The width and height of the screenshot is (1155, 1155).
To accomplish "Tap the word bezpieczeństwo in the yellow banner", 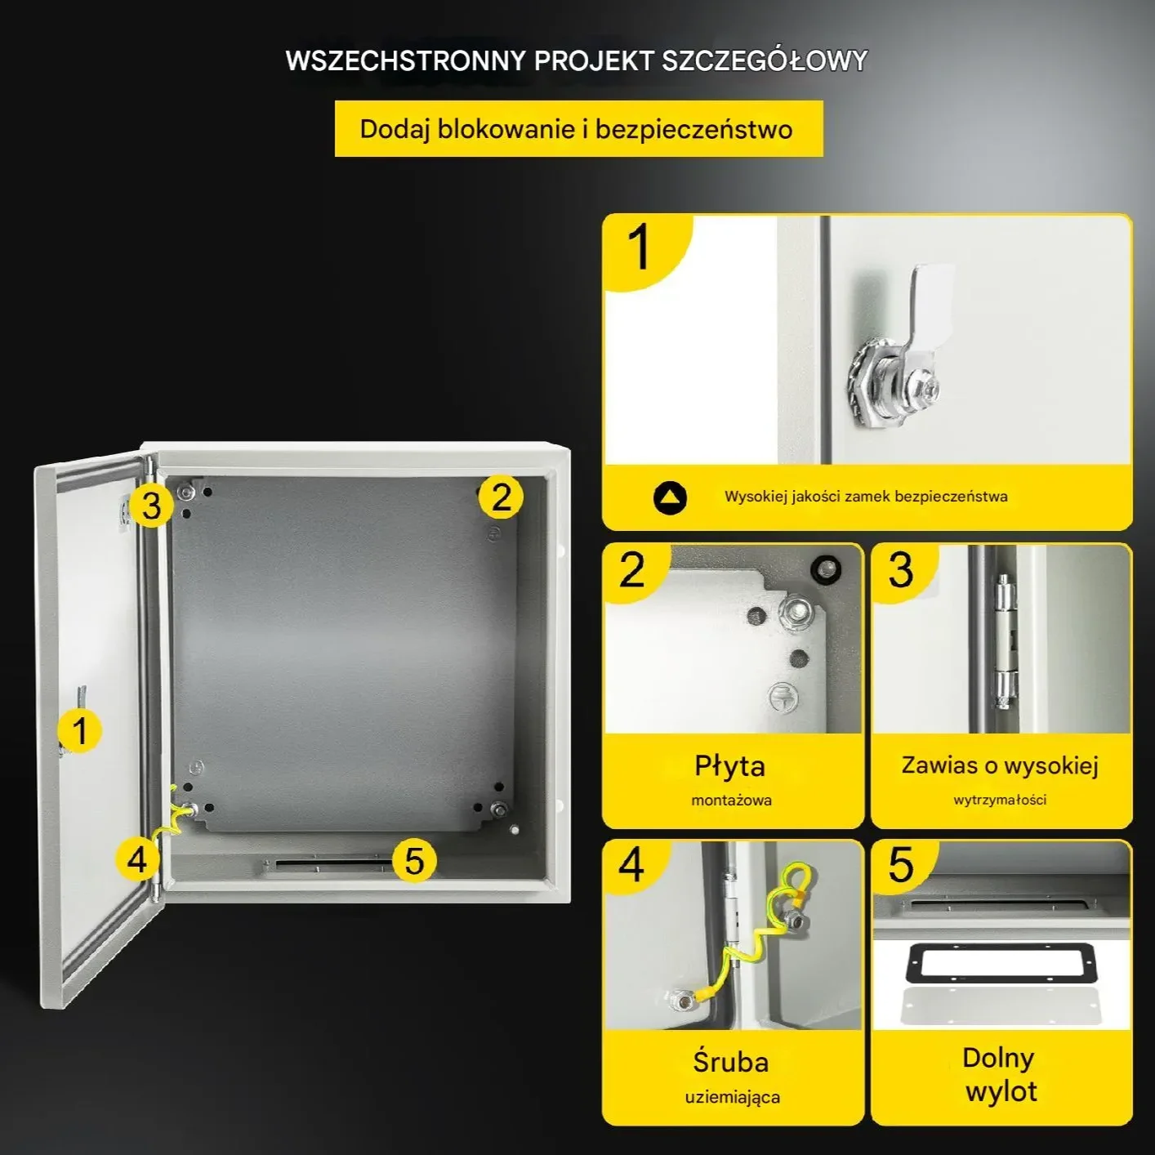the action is pos(693,130).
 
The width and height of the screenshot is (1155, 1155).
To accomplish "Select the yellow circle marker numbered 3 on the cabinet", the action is pos(150,505).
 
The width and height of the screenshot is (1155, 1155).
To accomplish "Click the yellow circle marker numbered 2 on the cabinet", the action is pos(501,497).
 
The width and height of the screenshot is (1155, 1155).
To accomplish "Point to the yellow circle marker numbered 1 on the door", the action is pos(80,730).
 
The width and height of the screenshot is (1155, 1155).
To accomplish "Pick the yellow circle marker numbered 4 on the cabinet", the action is pos(137,859).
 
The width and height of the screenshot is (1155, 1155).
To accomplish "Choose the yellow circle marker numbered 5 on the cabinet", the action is pos(414,861).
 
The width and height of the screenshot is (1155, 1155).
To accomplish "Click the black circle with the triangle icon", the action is pos(670,497).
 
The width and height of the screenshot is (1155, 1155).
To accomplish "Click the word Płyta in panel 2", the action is pos(730,766).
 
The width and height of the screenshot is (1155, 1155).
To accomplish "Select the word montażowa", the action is pos(731,800).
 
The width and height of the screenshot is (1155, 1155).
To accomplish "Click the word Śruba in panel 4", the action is pos(730,1062).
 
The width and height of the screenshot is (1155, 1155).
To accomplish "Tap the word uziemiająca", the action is pos(733,1098).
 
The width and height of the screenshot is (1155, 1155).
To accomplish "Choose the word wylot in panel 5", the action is pos(1001,1090).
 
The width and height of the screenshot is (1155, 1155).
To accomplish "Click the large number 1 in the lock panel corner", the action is pos(639,247).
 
